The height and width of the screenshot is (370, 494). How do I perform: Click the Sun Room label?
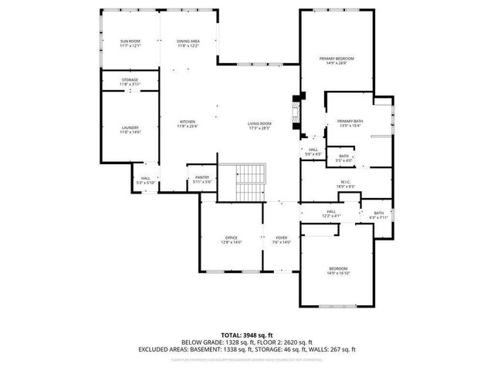click(130, 43)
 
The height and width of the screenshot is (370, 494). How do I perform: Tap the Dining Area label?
click(188, 43)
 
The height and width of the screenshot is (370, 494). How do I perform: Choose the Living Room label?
click(259, 126)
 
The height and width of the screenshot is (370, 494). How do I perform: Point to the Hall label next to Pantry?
click(145, 180)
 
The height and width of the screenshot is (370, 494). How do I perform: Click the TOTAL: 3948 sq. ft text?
click(246, 335)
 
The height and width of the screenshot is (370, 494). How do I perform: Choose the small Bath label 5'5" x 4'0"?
click(343, 158)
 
